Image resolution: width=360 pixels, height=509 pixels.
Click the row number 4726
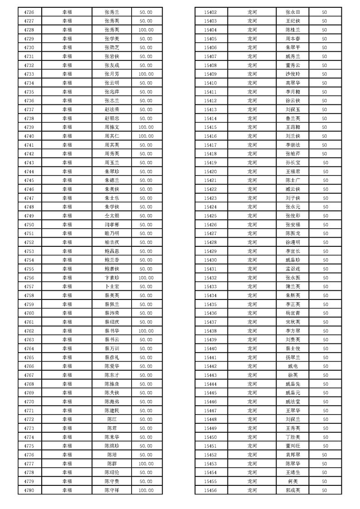29,12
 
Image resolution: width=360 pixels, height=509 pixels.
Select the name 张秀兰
112,12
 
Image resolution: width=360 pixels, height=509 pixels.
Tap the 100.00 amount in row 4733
146,74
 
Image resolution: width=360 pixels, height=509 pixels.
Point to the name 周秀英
112,154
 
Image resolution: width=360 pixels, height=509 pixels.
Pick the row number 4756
29,278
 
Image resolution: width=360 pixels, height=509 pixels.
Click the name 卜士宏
112,287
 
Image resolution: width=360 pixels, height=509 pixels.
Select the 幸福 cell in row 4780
67,490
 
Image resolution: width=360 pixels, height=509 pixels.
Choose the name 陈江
112,419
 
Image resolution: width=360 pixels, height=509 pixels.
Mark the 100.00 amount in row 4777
146,464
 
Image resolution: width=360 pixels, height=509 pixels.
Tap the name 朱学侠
112,207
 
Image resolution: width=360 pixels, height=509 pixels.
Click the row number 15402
211,12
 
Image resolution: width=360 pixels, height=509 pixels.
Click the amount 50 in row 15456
325,490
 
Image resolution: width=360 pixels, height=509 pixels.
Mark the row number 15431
211,269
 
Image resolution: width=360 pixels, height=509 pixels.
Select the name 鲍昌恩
112,251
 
